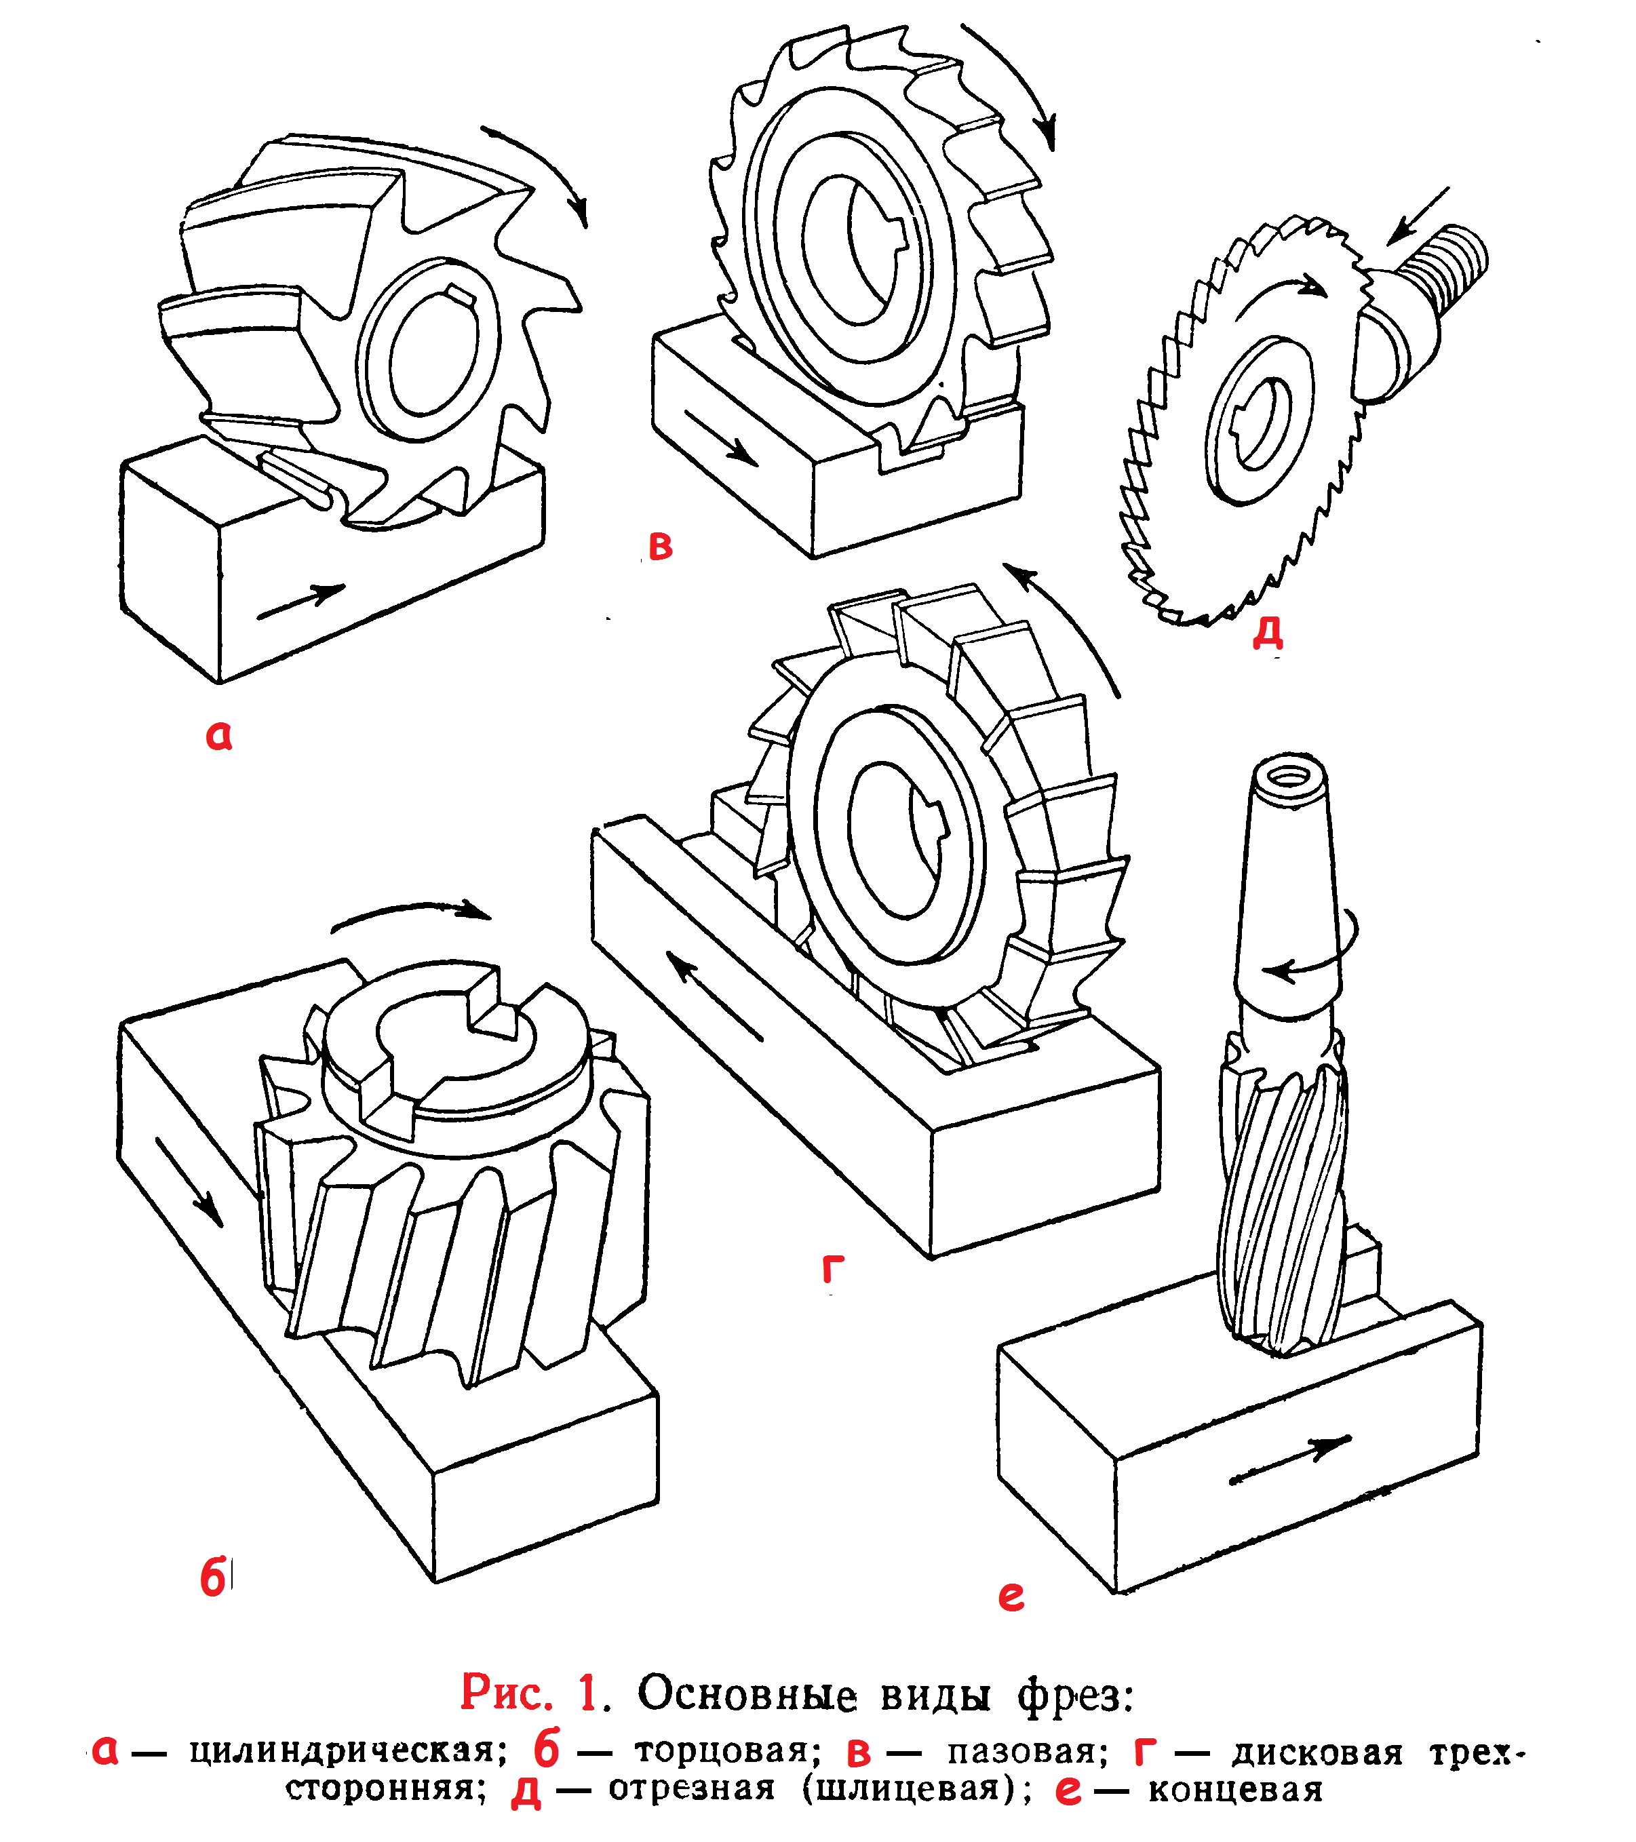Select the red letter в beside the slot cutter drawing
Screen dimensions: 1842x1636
pos(661,546)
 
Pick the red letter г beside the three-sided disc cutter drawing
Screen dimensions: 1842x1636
pos(833,1269)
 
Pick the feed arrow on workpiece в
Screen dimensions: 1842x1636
pos(720,437)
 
